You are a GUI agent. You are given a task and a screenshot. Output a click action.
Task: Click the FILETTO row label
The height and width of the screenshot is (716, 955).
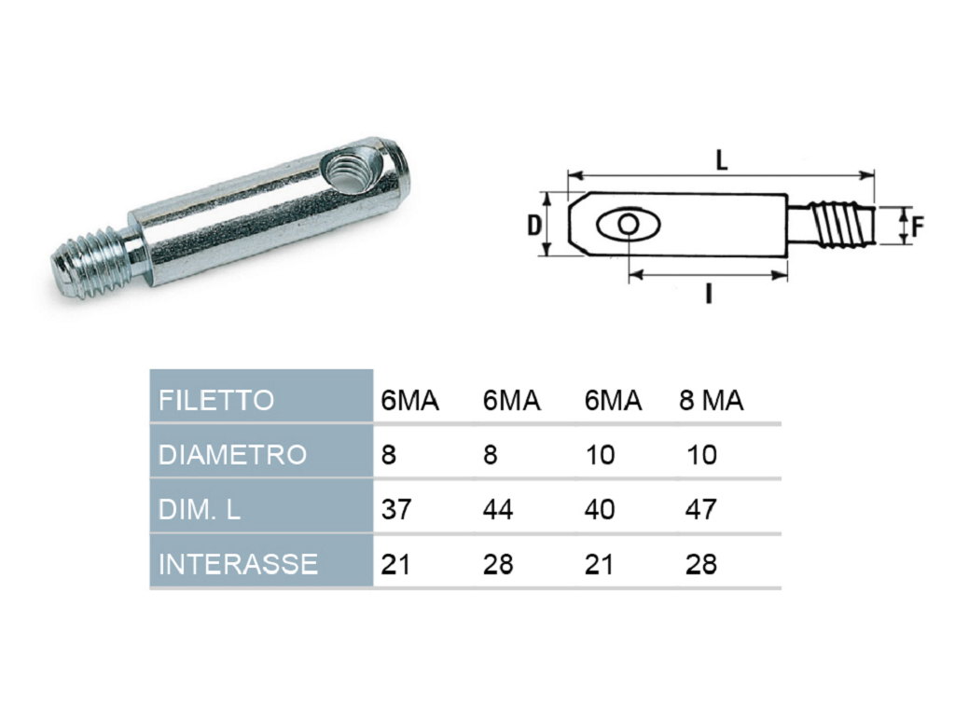(216, 401)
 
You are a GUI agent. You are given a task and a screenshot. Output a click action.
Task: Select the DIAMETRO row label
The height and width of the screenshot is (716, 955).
(232, 455)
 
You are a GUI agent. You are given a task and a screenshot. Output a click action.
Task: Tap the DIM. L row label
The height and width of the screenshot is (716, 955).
(200, 509)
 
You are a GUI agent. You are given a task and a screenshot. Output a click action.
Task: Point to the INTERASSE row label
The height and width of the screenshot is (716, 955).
(238, 564)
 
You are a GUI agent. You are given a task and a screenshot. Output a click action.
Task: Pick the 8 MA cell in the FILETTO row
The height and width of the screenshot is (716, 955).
(711, 401)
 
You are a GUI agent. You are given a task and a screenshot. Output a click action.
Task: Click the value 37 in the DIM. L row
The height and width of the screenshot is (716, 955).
(395, 509)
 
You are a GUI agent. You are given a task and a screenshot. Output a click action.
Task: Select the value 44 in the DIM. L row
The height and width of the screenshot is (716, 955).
(498, 509)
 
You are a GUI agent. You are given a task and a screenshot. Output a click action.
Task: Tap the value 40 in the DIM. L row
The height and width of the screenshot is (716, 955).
(600, 509)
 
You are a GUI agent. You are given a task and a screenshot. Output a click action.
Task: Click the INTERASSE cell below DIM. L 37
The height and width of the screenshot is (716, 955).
(395, 564)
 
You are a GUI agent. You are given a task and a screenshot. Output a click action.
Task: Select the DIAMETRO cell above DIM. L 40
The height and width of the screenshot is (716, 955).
(600, 455)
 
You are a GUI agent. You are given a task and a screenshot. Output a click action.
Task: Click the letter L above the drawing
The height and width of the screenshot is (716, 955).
(722, 159)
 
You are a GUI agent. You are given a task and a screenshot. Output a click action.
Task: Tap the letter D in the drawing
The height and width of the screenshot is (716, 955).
(533, 225)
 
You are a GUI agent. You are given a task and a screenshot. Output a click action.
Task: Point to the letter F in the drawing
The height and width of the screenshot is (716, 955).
(918, 226)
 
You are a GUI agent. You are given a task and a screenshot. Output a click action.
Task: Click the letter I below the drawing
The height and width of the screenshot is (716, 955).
(708, 295)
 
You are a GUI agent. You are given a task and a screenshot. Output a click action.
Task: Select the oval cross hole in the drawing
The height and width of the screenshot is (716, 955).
(628, 225)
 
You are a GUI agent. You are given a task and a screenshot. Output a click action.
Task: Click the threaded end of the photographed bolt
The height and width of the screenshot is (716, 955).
(91, 266)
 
